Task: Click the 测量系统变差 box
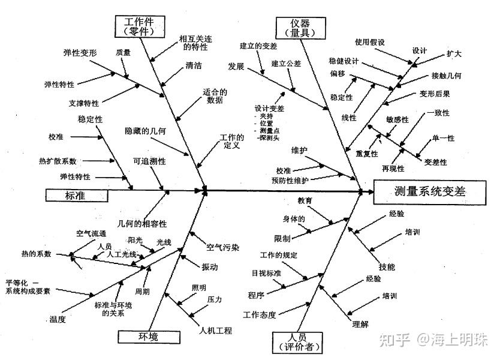[430, 191]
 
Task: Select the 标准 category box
[76, 195]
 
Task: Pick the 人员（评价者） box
[297, 341]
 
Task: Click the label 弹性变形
[80, 52]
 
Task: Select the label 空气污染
[222, 246]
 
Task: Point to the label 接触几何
[446, 76]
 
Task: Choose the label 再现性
[393, 168]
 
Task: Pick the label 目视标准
[266, 273]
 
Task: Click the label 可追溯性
[149, 162]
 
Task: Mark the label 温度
[58, 319]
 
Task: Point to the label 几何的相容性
[142, 224]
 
